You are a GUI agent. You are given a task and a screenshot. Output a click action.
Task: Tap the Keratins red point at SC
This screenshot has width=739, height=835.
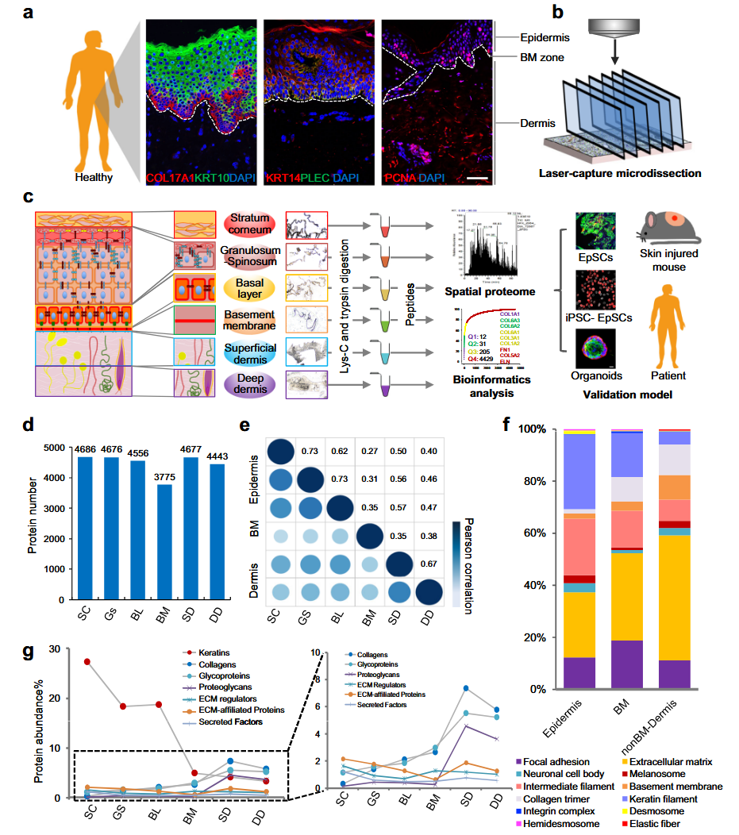pos(87,661)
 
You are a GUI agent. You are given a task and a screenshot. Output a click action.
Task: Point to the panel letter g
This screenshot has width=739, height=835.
pos(28,652)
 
